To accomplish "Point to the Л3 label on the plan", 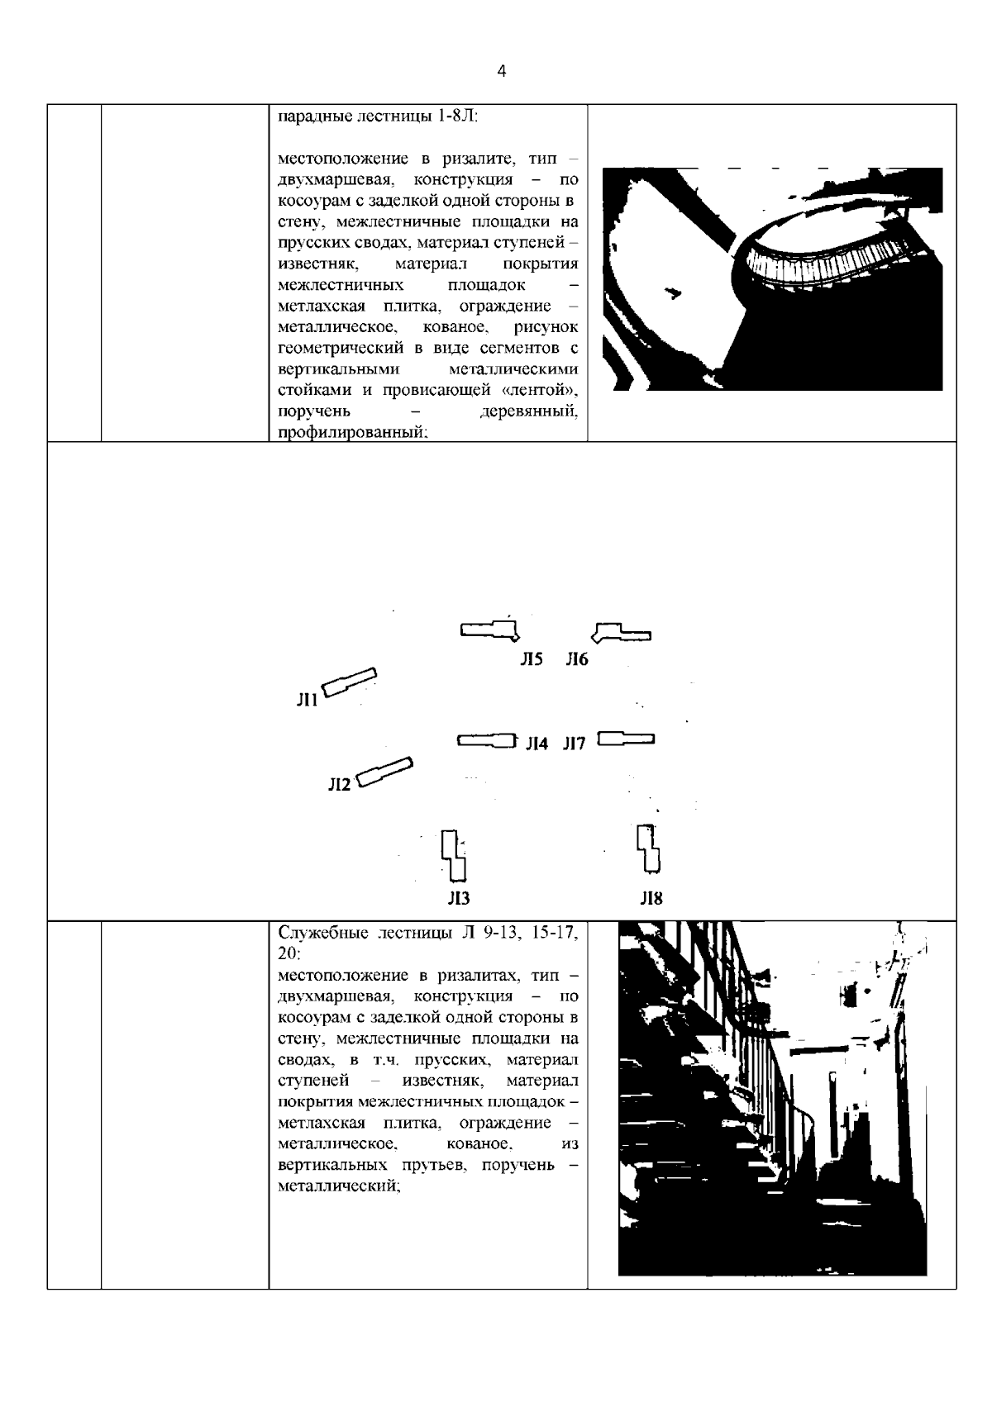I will pos(459,898).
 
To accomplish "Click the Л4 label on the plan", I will pos(537,744).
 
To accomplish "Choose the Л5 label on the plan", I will pos(531,659).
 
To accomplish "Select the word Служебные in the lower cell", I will pos(323,934).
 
